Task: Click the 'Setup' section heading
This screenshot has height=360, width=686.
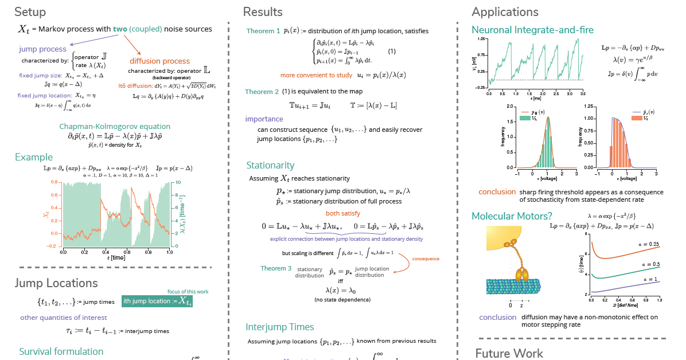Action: [30, 12]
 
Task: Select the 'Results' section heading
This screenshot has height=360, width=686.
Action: [263, 12]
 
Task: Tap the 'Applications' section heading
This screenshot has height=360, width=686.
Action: [505, 12]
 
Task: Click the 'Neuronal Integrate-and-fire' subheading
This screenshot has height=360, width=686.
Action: [532, 30]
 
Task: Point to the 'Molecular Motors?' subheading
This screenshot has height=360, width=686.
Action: [512, 216]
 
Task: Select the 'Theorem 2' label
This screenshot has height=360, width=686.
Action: [262, 92]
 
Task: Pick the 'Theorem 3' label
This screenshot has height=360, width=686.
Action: [276, 268]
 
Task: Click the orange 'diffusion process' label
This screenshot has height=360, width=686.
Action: [159, 61]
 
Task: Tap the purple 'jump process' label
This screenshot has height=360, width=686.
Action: [42, 49]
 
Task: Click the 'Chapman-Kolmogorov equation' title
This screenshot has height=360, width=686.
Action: [115, 127]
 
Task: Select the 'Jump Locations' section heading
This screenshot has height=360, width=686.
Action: [56, 283]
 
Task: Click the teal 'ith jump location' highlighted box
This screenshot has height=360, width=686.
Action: [157, 301]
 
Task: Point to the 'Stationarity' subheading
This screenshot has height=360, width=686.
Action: [270, 166]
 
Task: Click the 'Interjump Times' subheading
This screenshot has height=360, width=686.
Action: [280, 327]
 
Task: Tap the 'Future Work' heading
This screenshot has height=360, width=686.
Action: [509, 353]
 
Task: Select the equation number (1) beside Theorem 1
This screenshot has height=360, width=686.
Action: [392, 52]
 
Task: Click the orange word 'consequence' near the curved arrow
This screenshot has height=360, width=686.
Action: [426, 259]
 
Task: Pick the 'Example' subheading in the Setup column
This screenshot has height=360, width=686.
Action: [34, 157]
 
